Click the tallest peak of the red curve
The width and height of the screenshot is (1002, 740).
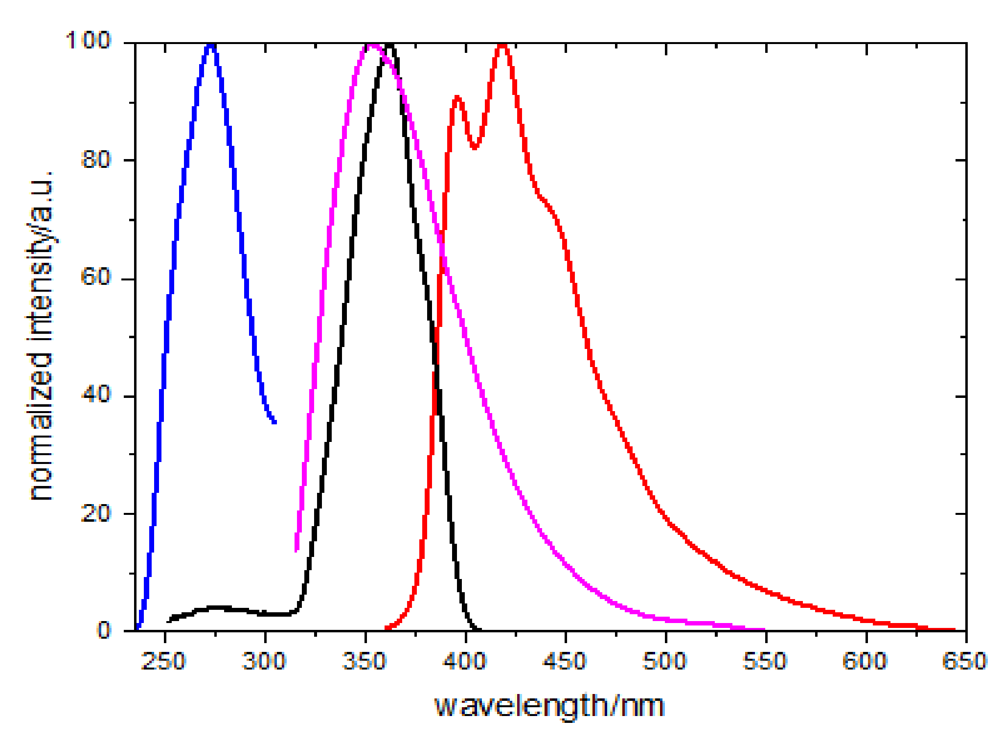pos(502,46)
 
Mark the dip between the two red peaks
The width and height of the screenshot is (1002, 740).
pos(474,147)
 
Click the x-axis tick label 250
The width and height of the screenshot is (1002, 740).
pos(163,661)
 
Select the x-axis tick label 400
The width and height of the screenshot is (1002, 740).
pos(464,661)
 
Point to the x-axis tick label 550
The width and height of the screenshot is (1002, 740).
pos(765,661)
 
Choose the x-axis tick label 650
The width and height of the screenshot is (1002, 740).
pos(965,661)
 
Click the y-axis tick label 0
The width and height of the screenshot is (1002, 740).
pos(104,630)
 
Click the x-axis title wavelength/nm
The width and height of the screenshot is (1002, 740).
pos(549,706)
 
